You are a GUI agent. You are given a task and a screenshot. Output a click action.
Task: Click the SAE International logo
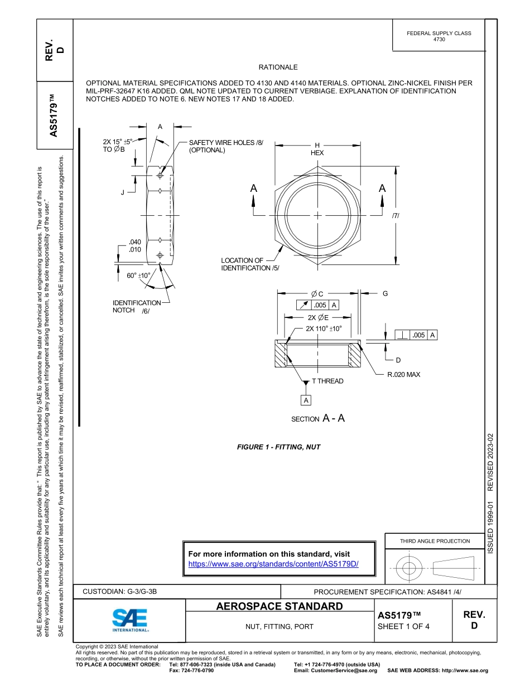pyautogui.click(x=130, y=619)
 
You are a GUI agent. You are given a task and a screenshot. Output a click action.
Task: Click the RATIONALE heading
pyautogui.click(x=278, y=67)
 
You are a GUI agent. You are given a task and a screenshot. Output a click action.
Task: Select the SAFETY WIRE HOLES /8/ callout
pyautogui.click(x=221, y=146)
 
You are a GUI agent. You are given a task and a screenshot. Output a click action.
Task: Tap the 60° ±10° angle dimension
pyautogui.click(x=139, y=276)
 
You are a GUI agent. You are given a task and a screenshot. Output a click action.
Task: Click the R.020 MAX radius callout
pyautogui.click(x=403, y=375)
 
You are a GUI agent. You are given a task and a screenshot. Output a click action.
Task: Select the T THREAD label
pyautogui.click(x=327, y=381)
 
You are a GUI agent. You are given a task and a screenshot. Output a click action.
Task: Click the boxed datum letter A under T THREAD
pyautogui.click(x=306, y=400)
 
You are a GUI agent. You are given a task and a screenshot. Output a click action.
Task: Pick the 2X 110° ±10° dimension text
pyautogui.click(x=324, y=328)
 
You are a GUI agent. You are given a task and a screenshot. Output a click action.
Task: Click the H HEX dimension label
pyautogui.click(x=317, y=149)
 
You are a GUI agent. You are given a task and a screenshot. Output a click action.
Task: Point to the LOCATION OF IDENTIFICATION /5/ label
pyautogui.click(x=249, y=264)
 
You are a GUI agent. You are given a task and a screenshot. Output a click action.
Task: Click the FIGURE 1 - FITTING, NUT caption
pyautogui.click(x=278, y=447)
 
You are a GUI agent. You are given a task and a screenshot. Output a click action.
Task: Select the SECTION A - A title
pyautogui.click(x=318, y=418)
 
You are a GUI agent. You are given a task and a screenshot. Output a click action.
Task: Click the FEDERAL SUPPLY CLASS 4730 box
pyautogui.click(x=439, y=36)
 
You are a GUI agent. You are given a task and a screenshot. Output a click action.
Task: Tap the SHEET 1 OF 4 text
pyautogui.click(x=404, y=626)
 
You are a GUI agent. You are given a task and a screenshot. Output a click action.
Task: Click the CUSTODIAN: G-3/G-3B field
pyautogui.click(x=123, y=591)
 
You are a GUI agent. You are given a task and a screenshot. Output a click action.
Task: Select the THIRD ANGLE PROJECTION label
pyautogui.click(x=435, y=541)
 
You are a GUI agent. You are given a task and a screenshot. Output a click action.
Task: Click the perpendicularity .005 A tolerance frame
pyautogui.click(x=416, y=335)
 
